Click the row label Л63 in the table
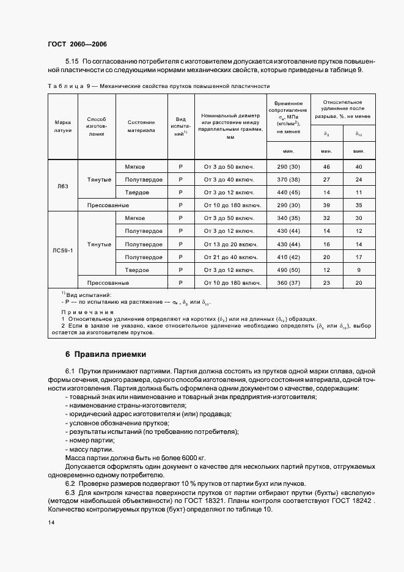[x=63, y=186]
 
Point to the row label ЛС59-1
[x=63, y=251]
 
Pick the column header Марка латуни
[x=63, y=126]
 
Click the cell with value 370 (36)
[x=288, y=180]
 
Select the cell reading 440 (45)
[x=288, y=193]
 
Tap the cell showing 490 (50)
[x=288, y=269]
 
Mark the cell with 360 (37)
[x=288, y=283]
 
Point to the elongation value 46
[x=326, y=167]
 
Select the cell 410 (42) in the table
[x=288, y=257]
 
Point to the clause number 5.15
[x=72, y=62]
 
